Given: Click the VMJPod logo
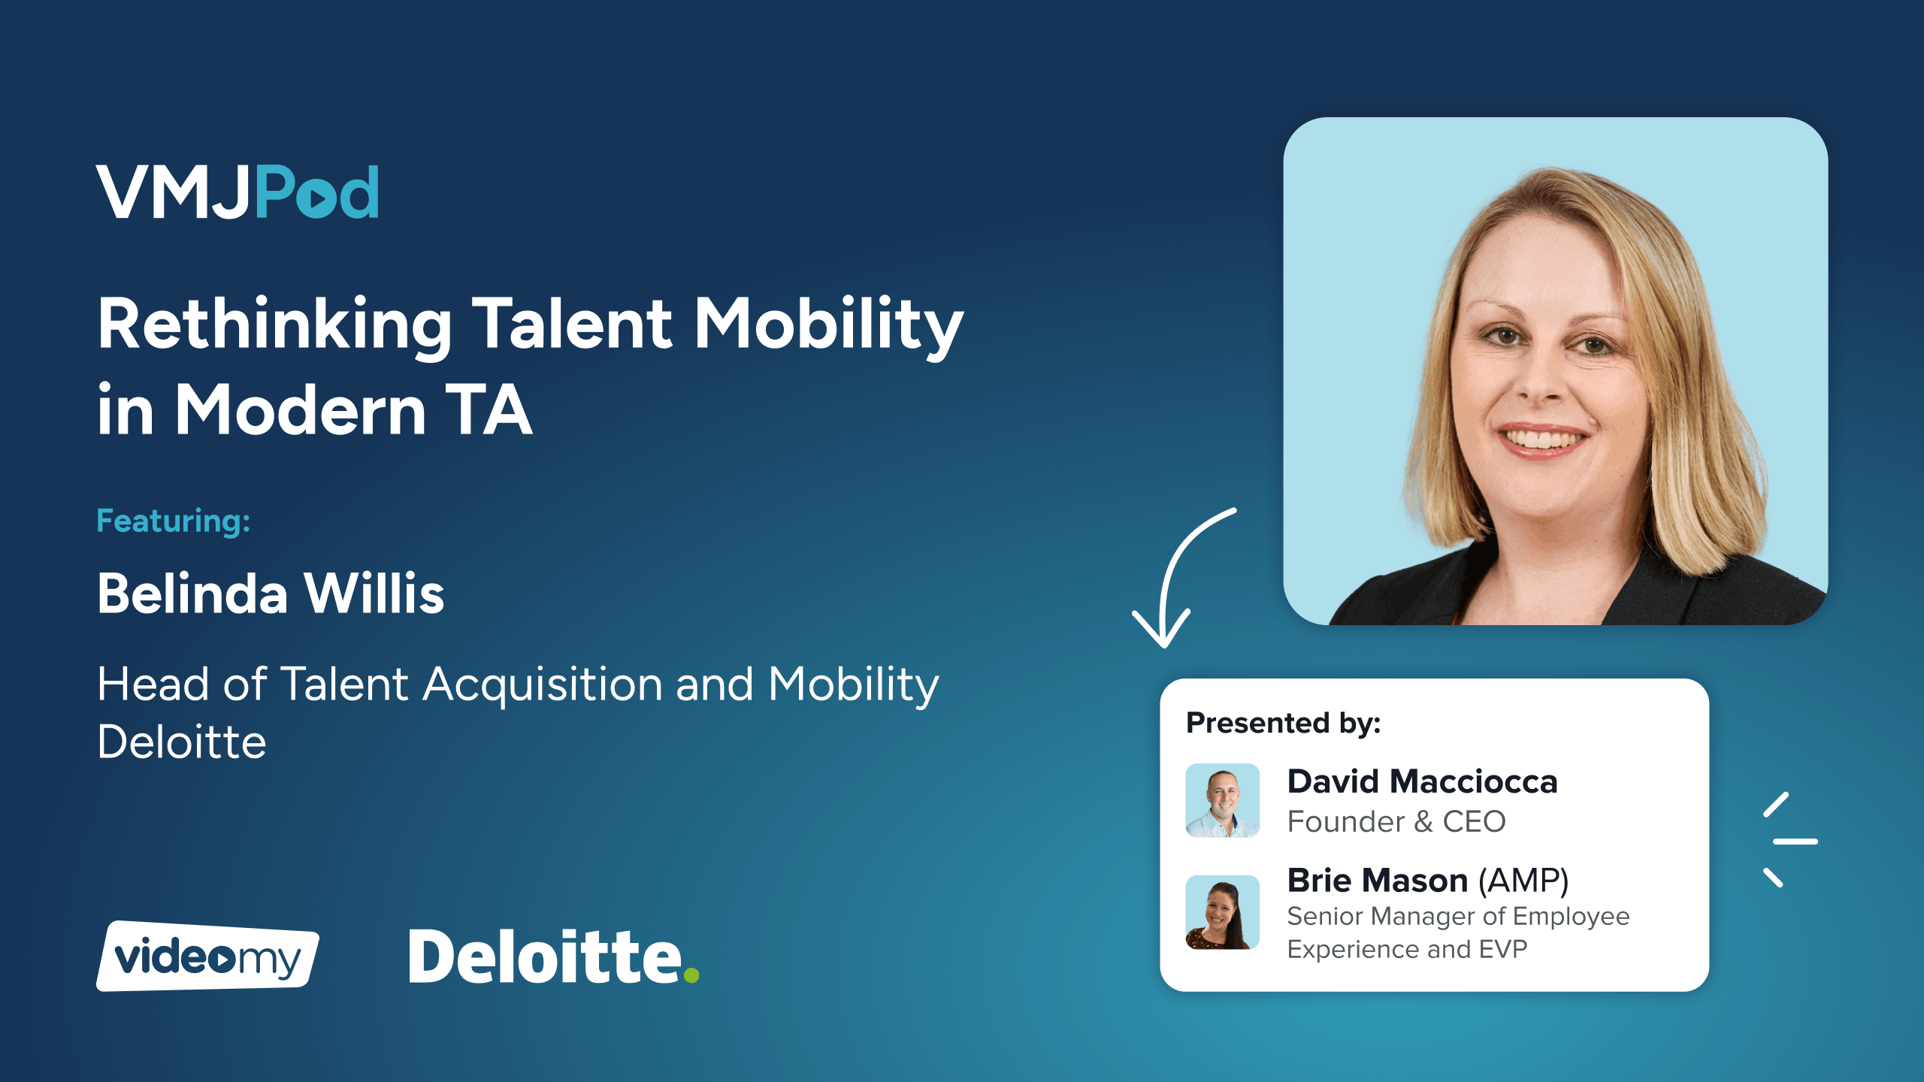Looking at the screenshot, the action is pyautogui.click(x=237, y=192).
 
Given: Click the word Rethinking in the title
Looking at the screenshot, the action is pyautogui.click(x=274, y=325).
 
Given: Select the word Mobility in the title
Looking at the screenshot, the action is pyautogui.click(x=828, y=325).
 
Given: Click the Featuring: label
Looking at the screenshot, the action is pyautogui.click(x=173, y=520).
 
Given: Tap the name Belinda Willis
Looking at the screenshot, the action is pyautogui.click(x=271, y=593).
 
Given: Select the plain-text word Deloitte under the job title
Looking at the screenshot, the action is pyautogui.click(x=182, y=742).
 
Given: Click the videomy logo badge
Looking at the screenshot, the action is pyautogui.click(x=207, y=956).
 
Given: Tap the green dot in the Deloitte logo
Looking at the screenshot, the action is pyautogui.click(x=691, y=975).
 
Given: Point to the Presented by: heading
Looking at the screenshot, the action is pyautogui.click(x=1284, y=722).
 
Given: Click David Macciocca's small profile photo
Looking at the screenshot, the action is pyautogui.click(x=1223, y=800).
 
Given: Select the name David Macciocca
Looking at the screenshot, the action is pyautogui.click(x=1423, y=781).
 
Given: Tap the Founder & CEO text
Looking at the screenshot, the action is pyautogui.click(x=1396, y=821).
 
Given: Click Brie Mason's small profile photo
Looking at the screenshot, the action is pyautogui.click(x=1223, y=912).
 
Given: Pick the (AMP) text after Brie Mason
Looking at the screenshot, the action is pyautogui.click(x=1523, y=881).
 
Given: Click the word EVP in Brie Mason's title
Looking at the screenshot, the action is pyautogui.click(x=1503, y=949).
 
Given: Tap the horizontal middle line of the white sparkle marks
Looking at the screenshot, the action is pyautogui.click(x=1795, y=842).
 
